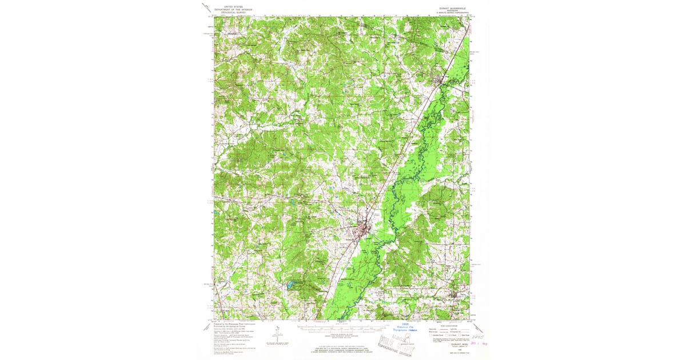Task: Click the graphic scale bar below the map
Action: pos(341,328)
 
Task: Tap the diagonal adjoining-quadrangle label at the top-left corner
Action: pos(205,7)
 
